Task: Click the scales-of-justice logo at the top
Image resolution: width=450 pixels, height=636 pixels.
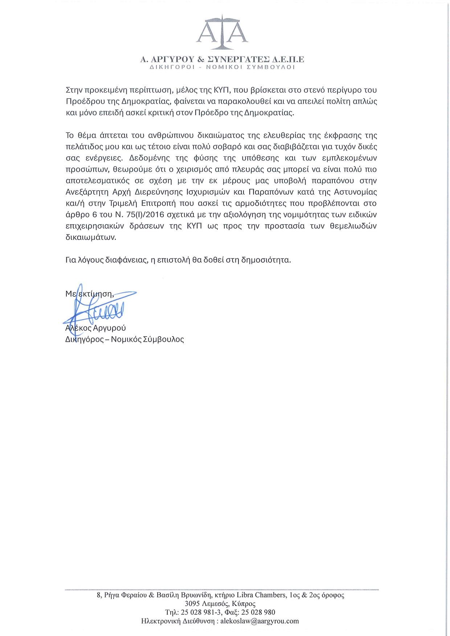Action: click(x=222, y=33)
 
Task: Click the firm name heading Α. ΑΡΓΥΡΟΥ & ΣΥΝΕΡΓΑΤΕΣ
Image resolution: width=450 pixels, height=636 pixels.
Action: click(x=222, y=59)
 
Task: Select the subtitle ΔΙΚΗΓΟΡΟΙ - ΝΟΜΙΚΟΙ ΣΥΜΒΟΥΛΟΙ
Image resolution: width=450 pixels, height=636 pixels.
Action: click(x=222, y=67)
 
